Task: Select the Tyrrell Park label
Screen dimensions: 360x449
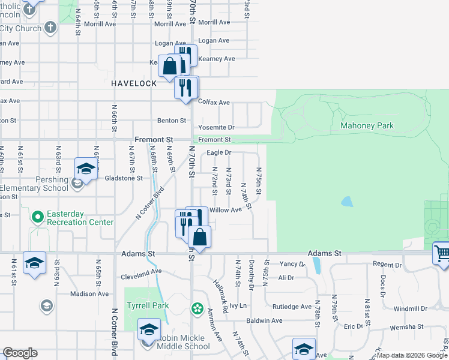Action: (148, 305)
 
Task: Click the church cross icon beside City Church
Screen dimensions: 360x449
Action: (50, 28)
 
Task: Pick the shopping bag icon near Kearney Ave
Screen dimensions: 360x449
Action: (170, 65)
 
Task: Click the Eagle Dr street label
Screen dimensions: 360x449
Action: (219, 153)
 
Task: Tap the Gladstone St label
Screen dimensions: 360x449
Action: (123, 178)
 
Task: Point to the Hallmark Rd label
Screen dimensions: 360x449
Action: (221, 294)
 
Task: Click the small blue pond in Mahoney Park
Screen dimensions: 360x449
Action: (348, 202)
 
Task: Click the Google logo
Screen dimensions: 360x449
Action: (20, 353)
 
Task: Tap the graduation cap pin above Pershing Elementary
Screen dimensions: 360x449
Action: (86, 168)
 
